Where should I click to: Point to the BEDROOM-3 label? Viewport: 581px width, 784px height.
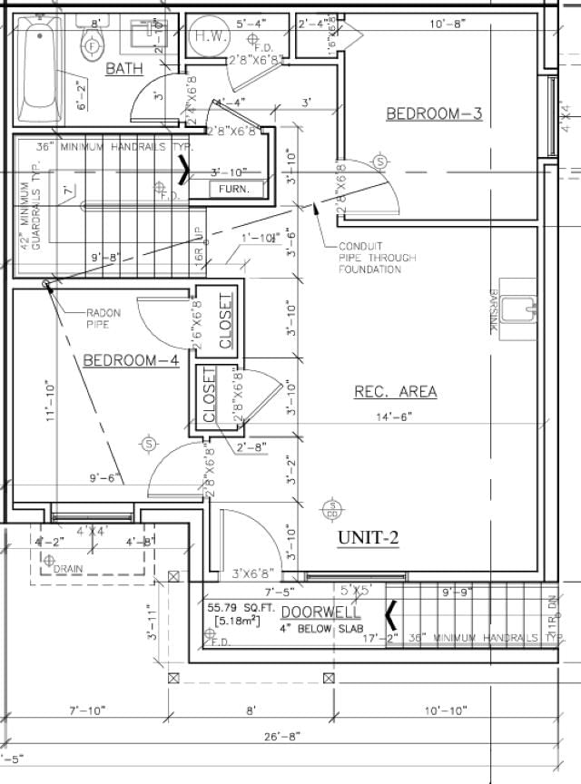coord(434,113)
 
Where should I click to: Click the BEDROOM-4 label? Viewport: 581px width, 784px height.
coord(131,360)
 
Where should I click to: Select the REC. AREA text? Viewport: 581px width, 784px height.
coord(395,392)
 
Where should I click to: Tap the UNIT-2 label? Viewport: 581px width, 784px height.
coord(369,537)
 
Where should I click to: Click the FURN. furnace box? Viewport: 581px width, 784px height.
coord(240,189)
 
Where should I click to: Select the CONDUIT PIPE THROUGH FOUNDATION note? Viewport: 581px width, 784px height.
coord(377,258)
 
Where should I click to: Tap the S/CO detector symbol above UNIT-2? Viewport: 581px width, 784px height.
coord(332,508)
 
